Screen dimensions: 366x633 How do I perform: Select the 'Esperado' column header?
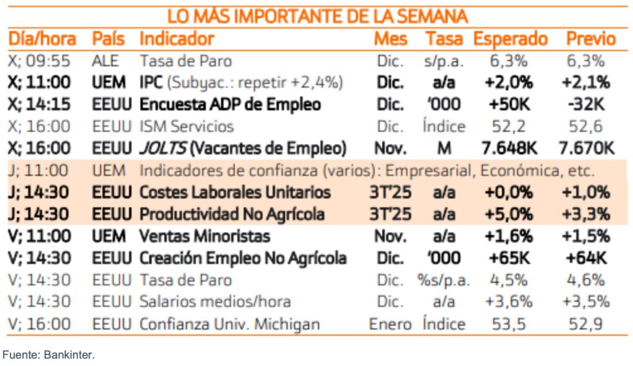[x=511, y=39]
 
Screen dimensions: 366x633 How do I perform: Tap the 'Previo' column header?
[x=591, y=39]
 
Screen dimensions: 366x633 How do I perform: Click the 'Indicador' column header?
[x=177, y=39]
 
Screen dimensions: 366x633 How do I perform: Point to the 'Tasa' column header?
[x=444, y=39]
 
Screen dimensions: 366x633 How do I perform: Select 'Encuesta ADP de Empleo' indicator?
[x=230, y=104]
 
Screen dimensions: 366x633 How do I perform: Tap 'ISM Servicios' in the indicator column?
[x=187, y=127]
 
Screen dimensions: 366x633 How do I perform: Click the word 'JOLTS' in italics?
[x=159, y=148]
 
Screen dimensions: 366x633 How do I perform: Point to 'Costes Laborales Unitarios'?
[x=235, y=192]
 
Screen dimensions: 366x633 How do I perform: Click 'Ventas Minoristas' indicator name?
[x=205, y=236]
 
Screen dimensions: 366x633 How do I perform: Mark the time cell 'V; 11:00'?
[x=40, y=236]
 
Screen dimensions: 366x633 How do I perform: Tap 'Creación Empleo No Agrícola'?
[x=243, y=258]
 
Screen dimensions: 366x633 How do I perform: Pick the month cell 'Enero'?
[x=390, y=324]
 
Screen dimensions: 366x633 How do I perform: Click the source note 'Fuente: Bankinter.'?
[x=48, y=355]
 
